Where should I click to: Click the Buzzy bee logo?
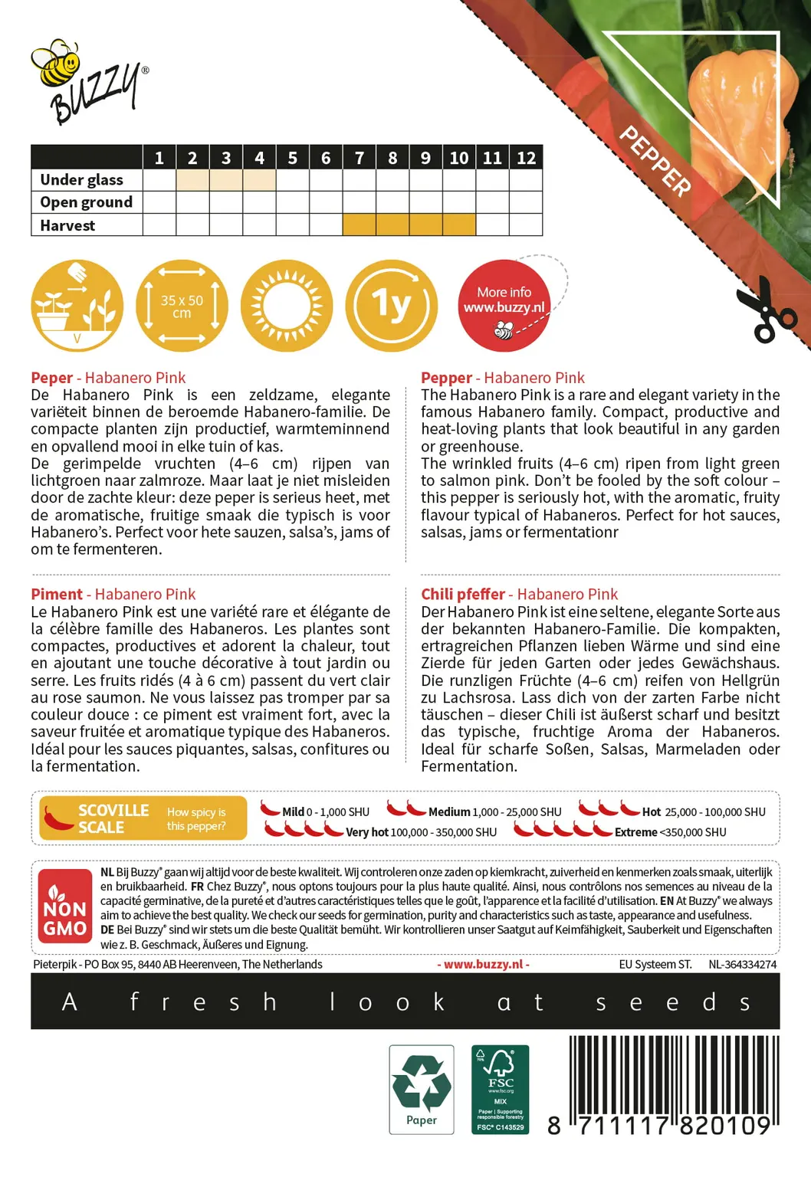87,81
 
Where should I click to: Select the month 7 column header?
359,158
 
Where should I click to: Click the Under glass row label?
82,180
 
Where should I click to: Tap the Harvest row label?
68,225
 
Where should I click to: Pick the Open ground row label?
87,202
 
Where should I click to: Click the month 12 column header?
526,158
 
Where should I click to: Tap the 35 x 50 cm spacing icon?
182,306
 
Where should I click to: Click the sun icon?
287,306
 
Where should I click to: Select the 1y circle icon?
392,306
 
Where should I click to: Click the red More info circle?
504,306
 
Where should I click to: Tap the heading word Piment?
57,594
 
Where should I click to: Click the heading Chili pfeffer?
463,594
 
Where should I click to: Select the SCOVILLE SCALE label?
113,818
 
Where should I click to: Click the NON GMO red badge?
65,908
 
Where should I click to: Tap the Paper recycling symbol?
422,1089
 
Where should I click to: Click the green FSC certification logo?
501,1089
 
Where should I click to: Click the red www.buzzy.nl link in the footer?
484,965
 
